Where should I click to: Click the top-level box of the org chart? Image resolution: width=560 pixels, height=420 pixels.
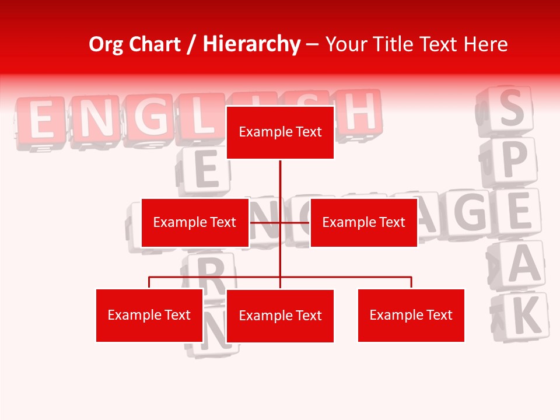pyautogui.click(x=280, y=132)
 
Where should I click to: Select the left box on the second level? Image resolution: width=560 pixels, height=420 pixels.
pyautogui.click(x=195, y=222)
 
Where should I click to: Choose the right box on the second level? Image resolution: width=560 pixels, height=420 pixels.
pyautogui.click(x=363, y=222)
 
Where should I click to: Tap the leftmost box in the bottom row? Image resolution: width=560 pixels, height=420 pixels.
pyautogui.click(x=149, y=315)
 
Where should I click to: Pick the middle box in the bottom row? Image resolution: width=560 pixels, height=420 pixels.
pyautogui.click(x=280, y=316)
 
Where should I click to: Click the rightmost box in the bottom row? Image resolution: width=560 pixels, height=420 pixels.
pyautogui.click(x=411, y=315)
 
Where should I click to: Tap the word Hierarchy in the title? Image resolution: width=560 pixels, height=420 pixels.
pyautogui.click(x=251, y=44)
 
